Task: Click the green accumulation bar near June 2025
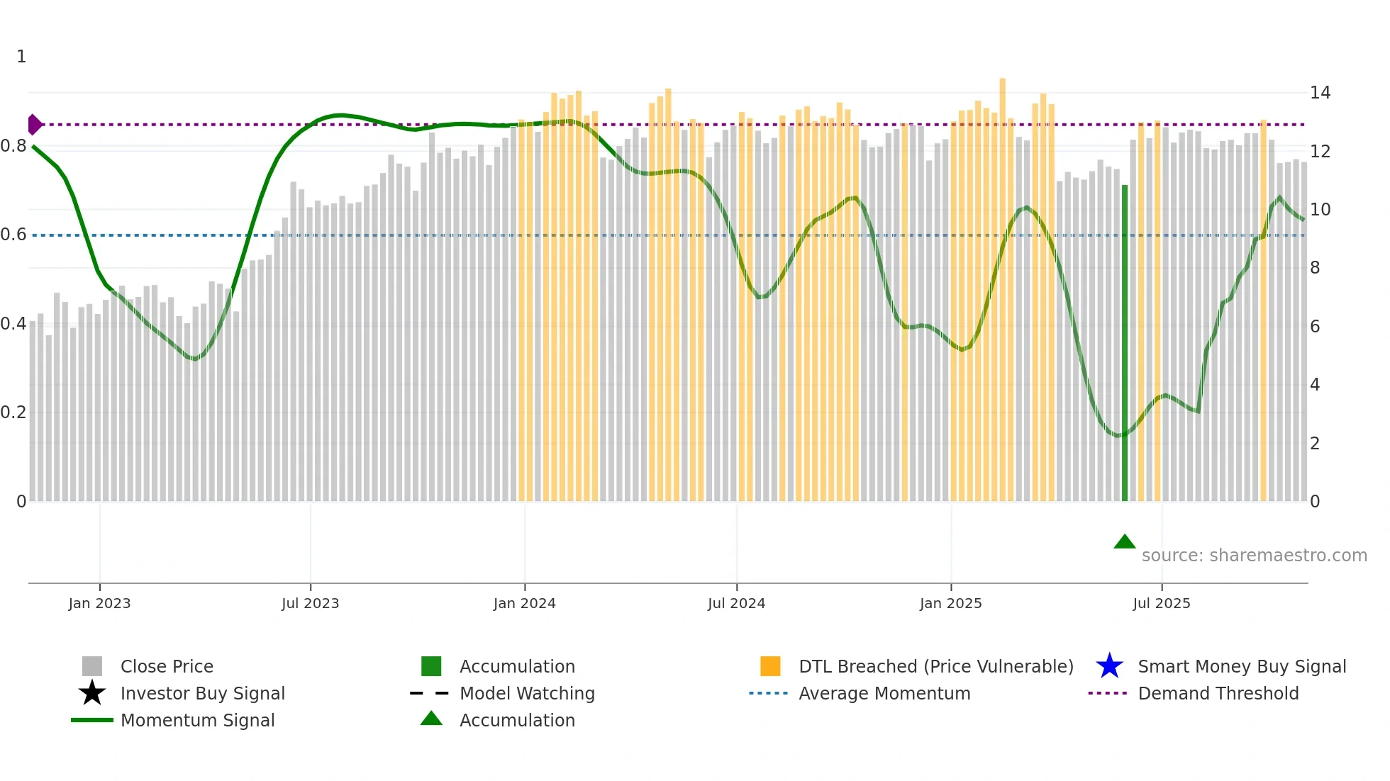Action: coord(1125,344)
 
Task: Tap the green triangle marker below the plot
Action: coord(1125,542)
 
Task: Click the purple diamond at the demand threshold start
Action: coord(34,125)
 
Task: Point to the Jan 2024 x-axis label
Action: coord(524,603)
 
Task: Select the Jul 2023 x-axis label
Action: coord(310,603)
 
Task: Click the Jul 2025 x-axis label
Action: coord(1161,603)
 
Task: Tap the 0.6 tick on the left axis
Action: coord(13,235)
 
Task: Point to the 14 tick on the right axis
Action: coord(1320,93)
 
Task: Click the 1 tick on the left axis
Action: coord(21,57)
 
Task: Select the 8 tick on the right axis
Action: coord(1315,268)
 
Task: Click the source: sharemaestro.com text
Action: coord(1254,556)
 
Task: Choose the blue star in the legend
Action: coord(1109,666)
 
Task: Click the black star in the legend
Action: coord(92,693)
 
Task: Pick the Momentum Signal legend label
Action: coord(197,720)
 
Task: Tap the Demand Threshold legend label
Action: coord(1218,693)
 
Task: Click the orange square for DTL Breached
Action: coord(770,666)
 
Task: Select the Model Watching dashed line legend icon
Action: coord(430,693)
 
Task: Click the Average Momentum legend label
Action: coord(884,693)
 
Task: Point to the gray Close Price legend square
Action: coord(92,666)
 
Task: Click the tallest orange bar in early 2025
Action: coord(1002,291)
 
